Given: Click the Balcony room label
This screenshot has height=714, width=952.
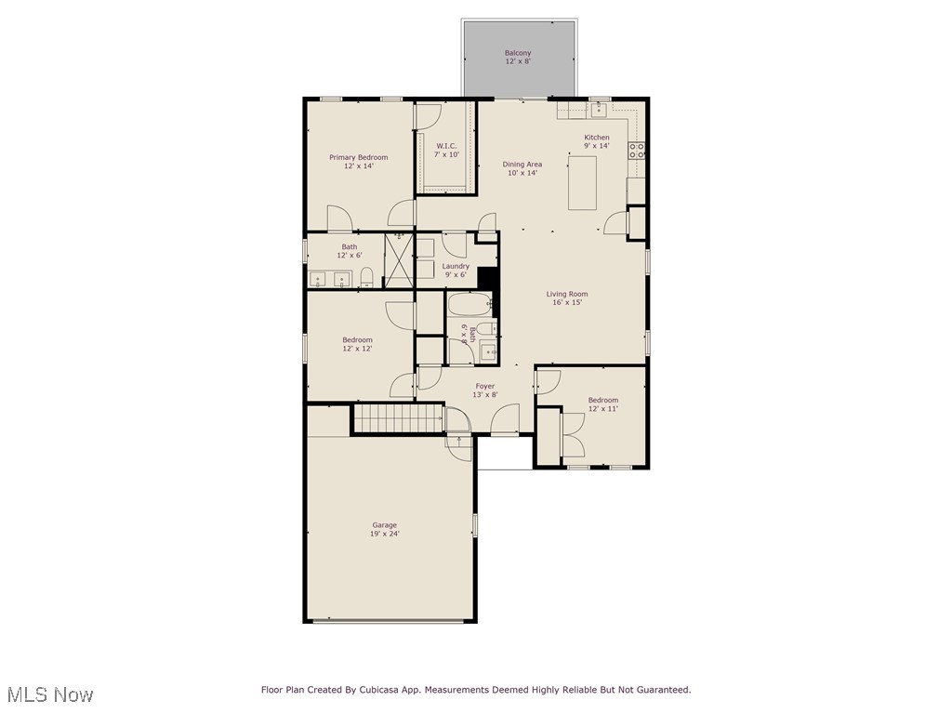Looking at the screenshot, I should click(x=518, y=53).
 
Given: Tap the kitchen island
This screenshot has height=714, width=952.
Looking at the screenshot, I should click(x=582, y=183).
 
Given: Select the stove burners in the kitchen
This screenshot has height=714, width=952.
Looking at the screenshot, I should click(x=638, y=151).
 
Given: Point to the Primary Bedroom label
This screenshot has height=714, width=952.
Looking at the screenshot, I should click(x=359, y=157).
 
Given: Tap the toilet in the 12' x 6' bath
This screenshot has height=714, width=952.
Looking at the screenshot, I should click(x=367, y=276).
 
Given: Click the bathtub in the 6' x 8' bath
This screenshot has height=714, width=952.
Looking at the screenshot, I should click(x=469, y=305).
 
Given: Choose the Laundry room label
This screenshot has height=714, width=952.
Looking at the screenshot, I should click(x=456, y=266).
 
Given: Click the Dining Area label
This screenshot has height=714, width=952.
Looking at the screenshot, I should click(x=522, y=165).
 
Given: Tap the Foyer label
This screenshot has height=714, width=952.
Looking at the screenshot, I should click(x=485, y=386).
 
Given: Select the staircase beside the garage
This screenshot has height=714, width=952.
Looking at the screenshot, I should click(x=397, y=418).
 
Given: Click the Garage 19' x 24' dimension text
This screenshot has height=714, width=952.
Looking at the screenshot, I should click(x=385, y=534).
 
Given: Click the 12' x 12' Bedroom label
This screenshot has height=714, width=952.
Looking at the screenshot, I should click(x=357, y=340).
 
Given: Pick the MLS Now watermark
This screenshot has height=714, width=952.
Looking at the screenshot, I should click(x=50, y=694).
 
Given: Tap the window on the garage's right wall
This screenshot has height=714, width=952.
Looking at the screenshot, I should click(x=474, y=525).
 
